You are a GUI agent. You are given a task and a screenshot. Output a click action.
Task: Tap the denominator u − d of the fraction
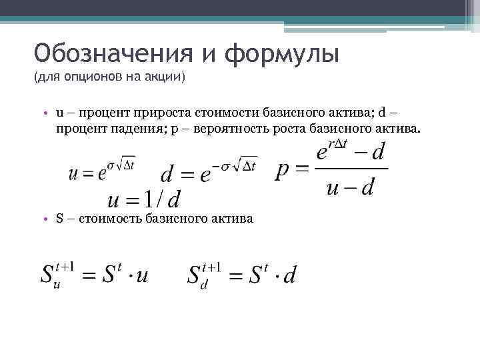[351, 188]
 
